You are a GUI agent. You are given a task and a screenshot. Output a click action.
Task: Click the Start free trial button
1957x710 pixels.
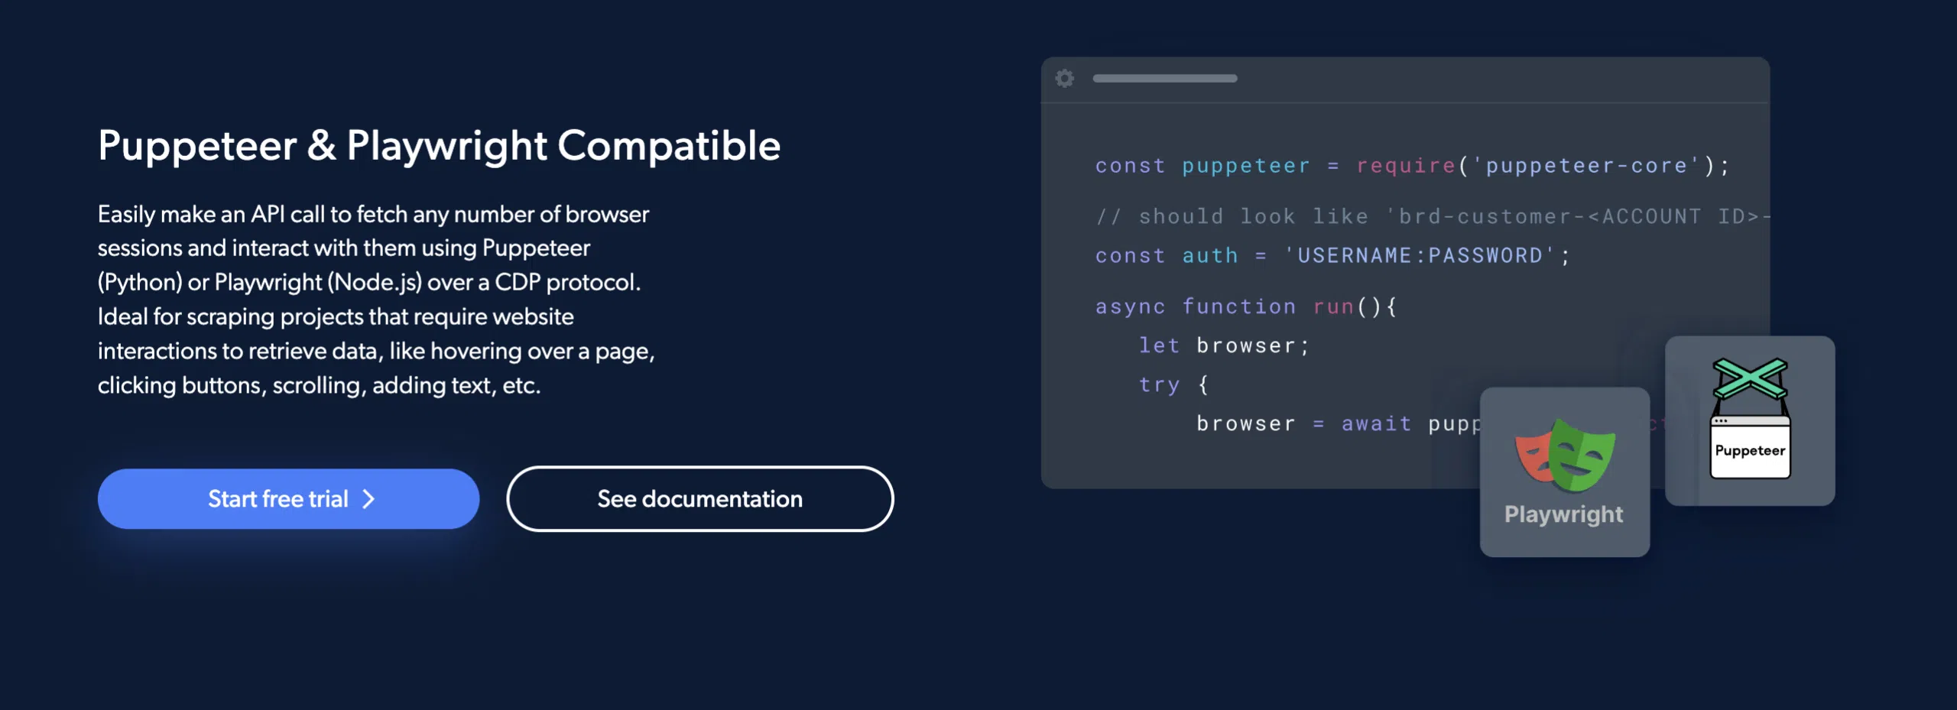288,498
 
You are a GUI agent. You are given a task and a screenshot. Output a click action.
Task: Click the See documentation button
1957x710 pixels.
699,498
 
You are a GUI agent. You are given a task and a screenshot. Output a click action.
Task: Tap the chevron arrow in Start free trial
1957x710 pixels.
368,499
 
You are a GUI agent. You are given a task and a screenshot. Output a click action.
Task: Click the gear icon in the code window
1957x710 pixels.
1065,78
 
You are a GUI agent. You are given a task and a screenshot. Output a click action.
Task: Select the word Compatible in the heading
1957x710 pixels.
669,145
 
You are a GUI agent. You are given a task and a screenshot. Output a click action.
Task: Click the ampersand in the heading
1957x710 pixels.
322,145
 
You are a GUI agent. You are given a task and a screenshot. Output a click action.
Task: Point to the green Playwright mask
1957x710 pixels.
1582,455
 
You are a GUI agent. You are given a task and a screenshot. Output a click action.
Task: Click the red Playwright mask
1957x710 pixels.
1533,457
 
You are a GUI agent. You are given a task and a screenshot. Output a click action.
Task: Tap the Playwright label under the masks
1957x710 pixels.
1563,514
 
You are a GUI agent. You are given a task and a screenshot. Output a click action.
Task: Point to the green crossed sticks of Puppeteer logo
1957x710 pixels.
1750,378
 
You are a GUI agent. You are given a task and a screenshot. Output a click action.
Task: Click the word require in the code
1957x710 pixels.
1406,166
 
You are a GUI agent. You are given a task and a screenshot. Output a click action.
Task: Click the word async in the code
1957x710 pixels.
1131,306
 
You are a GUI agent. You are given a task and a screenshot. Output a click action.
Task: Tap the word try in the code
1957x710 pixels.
1160,384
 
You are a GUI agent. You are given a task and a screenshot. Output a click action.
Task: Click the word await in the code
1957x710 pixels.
1377,423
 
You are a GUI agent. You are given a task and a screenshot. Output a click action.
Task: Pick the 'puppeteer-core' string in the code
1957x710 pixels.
1586,166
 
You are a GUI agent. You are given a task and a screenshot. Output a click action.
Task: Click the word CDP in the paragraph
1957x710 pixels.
518,282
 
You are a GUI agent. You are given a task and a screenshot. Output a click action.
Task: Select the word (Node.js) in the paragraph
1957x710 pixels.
375,283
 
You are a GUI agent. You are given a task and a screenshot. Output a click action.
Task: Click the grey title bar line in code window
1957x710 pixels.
1165,78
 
